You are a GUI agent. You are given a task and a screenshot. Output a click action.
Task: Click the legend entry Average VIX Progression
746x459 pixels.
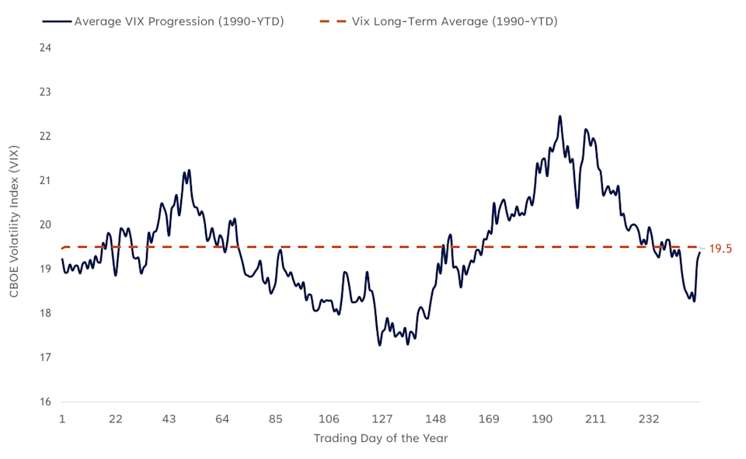[x=179, y=22]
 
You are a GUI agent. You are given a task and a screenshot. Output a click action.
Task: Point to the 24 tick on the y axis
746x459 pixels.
[x=45, y=48]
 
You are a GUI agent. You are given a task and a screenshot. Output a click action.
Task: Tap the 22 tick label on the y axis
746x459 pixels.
[x=45, y=137]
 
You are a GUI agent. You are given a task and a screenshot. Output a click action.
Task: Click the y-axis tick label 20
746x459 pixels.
[x=45, y=225]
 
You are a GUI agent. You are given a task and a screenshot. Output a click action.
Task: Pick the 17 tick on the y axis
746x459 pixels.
[x=45, y=358]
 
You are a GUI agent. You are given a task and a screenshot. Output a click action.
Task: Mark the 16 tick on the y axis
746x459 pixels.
[x=45, y=402]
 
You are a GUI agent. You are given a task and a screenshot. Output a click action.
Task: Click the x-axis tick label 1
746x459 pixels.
[x=62, y=419]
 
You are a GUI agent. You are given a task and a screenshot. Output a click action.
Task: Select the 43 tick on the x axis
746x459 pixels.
[x=169, y=419]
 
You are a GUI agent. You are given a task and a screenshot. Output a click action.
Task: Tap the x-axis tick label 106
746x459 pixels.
[x=329, y=419]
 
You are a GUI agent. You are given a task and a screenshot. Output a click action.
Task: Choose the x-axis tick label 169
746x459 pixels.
[x=489, y=419]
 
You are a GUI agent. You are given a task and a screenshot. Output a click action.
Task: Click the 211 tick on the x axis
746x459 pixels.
[x=595, y=419]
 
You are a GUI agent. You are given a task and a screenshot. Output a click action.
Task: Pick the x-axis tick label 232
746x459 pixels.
[x=649, y=419]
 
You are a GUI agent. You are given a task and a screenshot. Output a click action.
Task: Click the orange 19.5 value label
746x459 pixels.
[x=720, y=249]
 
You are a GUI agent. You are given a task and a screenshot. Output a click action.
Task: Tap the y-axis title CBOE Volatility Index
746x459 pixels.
[x=14, y=225]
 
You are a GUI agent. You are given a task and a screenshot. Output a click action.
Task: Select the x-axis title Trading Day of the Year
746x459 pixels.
[x=381, y=439]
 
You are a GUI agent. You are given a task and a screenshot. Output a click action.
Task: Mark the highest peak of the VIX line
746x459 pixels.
[x=559, y=116]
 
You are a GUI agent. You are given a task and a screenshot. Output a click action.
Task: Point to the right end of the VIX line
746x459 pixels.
[x=699, y=252]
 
